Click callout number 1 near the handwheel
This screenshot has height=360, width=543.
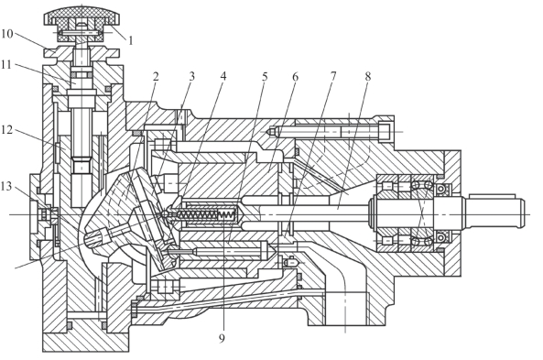[x=130, y=41]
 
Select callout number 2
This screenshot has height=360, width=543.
[x=156, y=77]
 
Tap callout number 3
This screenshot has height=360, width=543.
[x=192, y=76]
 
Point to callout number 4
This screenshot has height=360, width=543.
[x=223, y=76]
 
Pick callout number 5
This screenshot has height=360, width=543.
[x=265, y=77]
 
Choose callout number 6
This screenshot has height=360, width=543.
[x=295, y=77]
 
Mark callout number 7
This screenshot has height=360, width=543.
[x=332, y=76]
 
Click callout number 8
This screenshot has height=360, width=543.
[x=368, y=76]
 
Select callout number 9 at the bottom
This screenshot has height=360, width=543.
[x=222, y=338]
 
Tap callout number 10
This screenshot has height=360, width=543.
[x=7, y=34]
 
